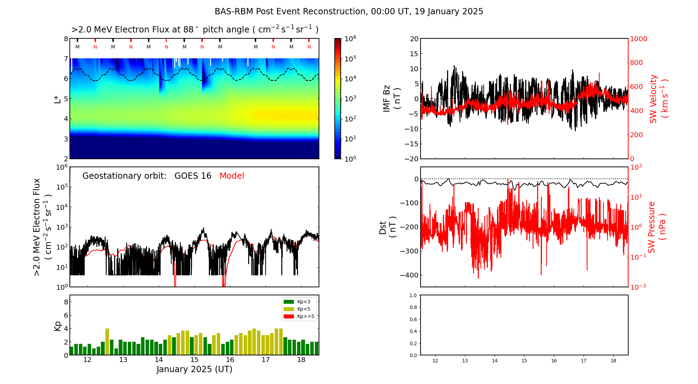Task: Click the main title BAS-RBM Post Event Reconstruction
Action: click(349, 12)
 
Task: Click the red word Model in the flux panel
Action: click(232, 176)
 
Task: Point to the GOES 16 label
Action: click(193, 176)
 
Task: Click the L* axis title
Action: click(58, 98)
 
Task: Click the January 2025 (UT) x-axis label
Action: click(194, 369)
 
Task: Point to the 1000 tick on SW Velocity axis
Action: click(639, 39)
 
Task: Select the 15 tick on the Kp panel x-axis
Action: click(194, 360)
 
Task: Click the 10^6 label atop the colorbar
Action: click(350, 38)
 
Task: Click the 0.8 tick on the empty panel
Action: click(413, 307)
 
